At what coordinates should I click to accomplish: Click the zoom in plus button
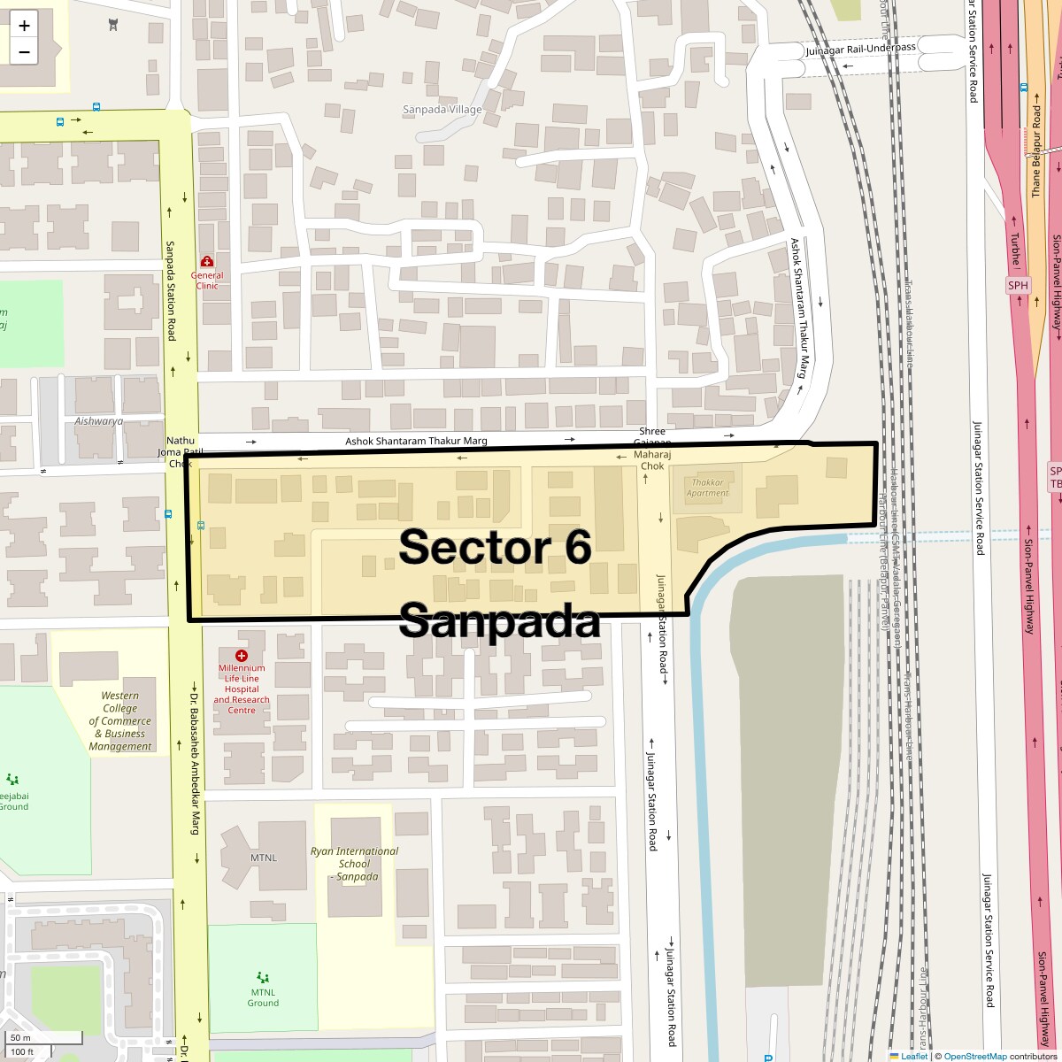pyautogui.click(x=24, y=25)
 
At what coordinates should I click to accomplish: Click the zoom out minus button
pyautogui.click(x=24, y=51)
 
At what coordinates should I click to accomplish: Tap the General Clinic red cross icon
pyautogui.click(x=207, y=261)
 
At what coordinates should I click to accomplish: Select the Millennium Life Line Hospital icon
pyautogui.click(x=241, y=655)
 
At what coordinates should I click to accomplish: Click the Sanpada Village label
pyautogui.click(x=442, y=110)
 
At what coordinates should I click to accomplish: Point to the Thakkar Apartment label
pyautogui.click(x=707, y=488)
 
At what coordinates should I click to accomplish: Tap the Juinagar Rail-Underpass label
pyautogui.click(x=860, y=49)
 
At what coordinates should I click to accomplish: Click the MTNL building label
pyautogui.click(x=263, y=858)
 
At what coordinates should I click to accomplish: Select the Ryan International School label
pyautogui.click(x=354, y=864)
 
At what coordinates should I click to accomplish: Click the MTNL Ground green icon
pyautogui.click(x=263, y=977)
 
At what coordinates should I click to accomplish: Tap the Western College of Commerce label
pyautogui.click(x=120, y=721)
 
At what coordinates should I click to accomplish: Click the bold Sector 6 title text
pyautogui.click(x=495, y=547)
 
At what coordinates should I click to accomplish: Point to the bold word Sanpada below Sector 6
pyautogui.click(x=499, y=620)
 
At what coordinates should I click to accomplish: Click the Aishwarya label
pyautogui.click(x=99, y=421)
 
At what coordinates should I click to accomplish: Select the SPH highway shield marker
pyautogui.click(x=1018, y=285)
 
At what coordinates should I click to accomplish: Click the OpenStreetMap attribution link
pyautogui.click(x=974, y=1056)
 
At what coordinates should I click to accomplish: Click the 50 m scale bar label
pyautogui.click(x=20, y=1037)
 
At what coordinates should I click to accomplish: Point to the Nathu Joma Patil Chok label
pyautogui.click(x=174, y=451)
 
